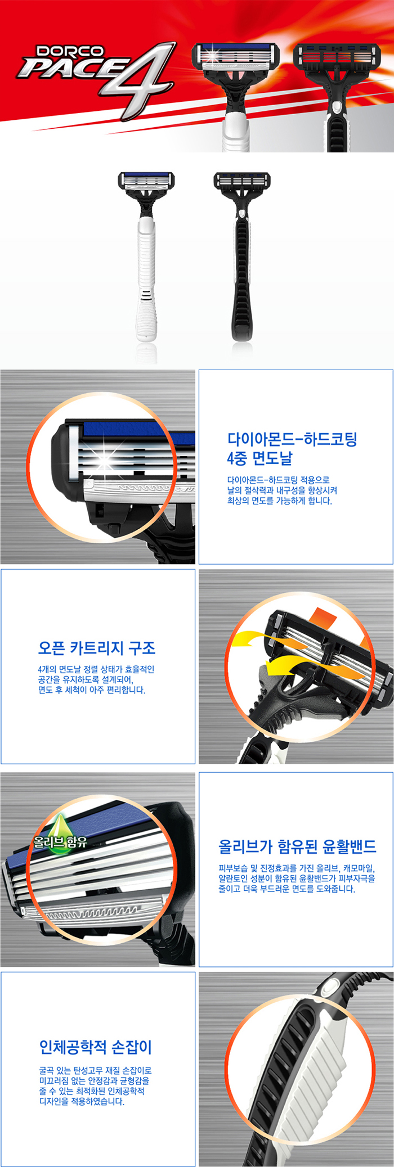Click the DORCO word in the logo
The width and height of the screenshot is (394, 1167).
point(70,51)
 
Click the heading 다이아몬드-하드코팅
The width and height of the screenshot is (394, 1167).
point(292,439)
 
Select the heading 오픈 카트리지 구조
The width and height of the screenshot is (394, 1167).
point(97,648)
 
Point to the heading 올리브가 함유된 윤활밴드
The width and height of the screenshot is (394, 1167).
point(297,846)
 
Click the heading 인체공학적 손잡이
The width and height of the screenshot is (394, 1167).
point(96,1047)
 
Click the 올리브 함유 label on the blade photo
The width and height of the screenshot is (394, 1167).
point(60,842)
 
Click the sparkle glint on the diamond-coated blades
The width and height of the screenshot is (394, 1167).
point(105,462)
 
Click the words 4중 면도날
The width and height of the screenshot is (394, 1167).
point(259,458)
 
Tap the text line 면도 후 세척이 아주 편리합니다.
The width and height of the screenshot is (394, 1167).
point(92,690)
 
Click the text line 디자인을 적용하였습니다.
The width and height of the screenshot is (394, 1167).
point(82,1101)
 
